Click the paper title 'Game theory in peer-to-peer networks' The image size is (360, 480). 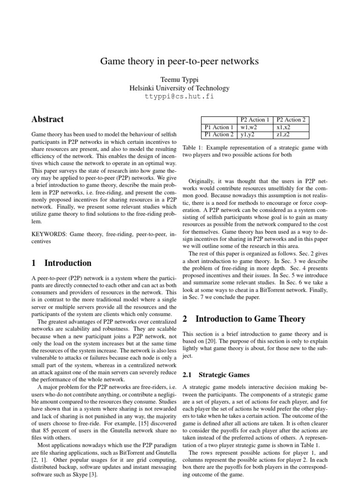coord(180,61)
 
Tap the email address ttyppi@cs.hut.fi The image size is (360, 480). coord(180,97)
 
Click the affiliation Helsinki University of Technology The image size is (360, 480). coord(180,88)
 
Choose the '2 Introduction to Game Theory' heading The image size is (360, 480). coord(243,319)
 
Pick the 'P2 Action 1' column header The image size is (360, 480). coord(255,120)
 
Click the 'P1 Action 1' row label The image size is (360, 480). coord(218,127)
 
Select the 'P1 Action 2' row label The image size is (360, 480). coord(218,135)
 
